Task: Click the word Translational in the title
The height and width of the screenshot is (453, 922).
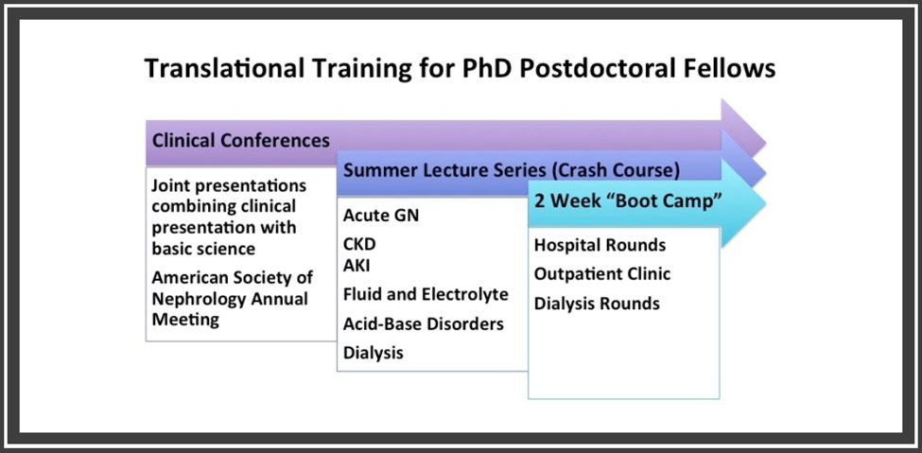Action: tap(225, 68)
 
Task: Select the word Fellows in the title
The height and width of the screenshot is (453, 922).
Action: tap(728, 68)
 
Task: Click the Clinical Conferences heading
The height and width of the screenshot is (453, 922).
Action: tap(240, 141)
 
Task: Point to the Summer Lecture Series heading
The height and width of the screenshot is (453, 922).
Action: tap(444, 170)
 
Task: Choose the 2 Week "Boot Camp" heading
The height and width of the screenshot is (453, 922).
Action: tap(628, 200)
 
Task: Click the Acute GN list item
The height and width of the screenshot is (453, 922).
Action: tap(381, 216)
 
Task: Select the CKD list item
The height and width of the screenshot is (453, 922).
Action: tap(359, 244)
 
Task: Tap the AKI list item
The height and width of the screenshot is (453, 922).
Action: tap(357, 266)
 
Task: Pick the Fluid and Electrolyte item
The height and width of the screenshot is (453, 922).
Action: tap(426, 293)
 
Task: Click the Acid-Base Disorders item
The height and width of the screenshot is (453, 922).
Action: tap(424, 323)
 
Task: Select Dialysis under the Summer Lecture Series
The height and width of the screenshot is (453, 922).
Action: tap(374, 353)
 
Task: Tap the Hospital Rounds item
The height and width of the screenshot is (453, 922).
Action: tap(600, 245)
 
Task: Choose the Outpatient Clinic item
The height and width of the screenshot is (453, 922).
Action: tap(602, 274)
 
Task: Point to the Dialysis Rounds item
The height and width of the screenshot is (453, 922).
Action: tap(597, 304)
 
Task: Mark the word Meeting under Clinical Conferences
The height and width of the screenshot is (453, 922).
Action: tap(185, 320)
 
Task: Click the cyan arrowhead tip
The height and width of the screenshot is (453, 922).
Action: tap(766, 203)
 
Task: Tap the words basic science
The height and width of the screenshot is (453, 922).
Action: tap(203, 249)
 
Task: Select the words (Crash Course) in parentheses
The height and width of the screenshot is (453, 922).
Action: tap(616, 170)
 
